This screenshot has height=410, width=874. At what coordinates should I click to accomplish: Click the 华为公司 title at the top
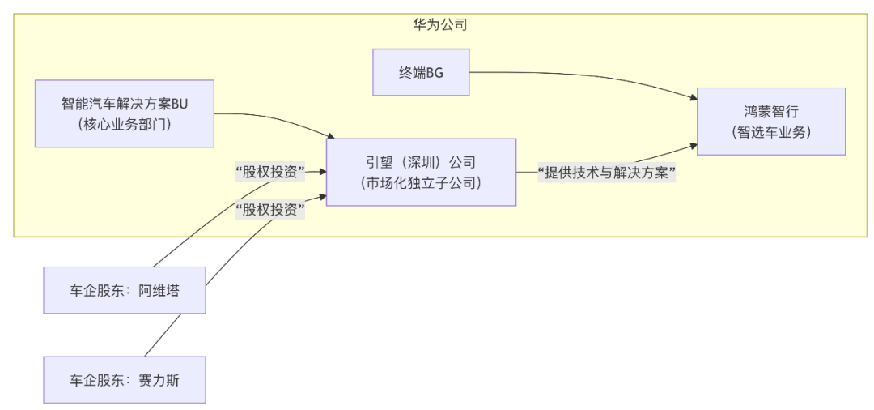point(439,24)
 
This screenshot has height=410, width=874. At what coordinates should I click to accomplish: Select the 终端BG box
point(421,72)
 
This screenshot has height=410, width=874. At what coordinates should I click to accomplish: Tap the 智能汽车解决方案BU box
point(125,113)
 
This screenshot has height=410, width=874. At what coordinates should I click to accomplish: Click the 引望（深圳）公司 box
point(421,172)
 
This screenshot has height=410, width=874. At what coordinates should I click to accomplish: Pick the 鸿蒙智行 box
point(770,121)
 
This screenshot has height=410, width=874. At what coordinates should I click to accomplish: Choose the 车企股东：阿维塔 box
point(125,290)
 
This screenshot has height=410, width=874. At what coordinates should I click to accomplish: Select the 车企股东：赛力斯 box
point(125,379)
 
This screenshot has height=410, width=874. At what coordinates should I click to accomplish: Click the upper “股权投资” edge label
point(269,171)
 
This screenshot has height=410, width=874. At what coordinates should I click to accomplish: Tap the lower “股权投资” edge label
point(269,210)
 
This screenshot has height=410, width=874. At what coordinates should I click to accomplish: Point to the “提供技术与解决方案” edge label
point(607,172)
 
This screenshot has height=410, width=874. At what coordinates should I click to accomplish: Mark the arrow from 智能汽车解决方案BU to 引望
point(275,120)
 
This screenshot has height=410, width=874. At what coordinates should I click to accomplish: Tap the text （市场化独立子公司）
point(421,183)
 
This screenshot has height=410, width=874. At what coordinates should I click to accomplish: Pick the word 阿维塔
point(159,290)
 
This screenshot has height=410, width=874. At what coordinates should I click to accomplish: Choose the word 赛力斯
point(159,379)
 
